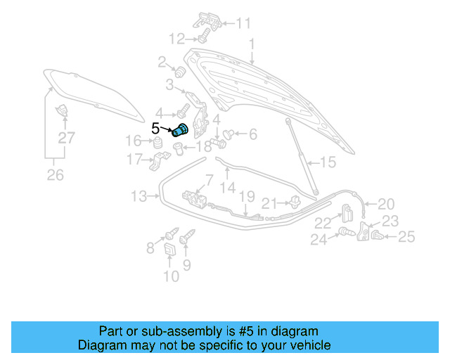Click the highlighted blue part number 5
pyautogui.click(x=181, y=130)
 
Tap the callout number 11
pyautogui.click(x=243, y=23)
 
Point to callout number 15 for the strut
pyautogui.click(x=328, y=163)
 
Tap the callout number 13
pyautogui.click(x=139, y=195)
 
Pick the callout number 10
pyautogui.click(x=171, y=276)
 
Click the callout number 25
pyautogui.click(x=407, y=238)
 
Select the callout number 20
pyautogui.click(x=386, y=204)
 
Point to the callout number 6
pyautogui.click(x=252, y=134)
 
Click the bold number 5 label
pyautogui.click(x=156, y=129)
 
